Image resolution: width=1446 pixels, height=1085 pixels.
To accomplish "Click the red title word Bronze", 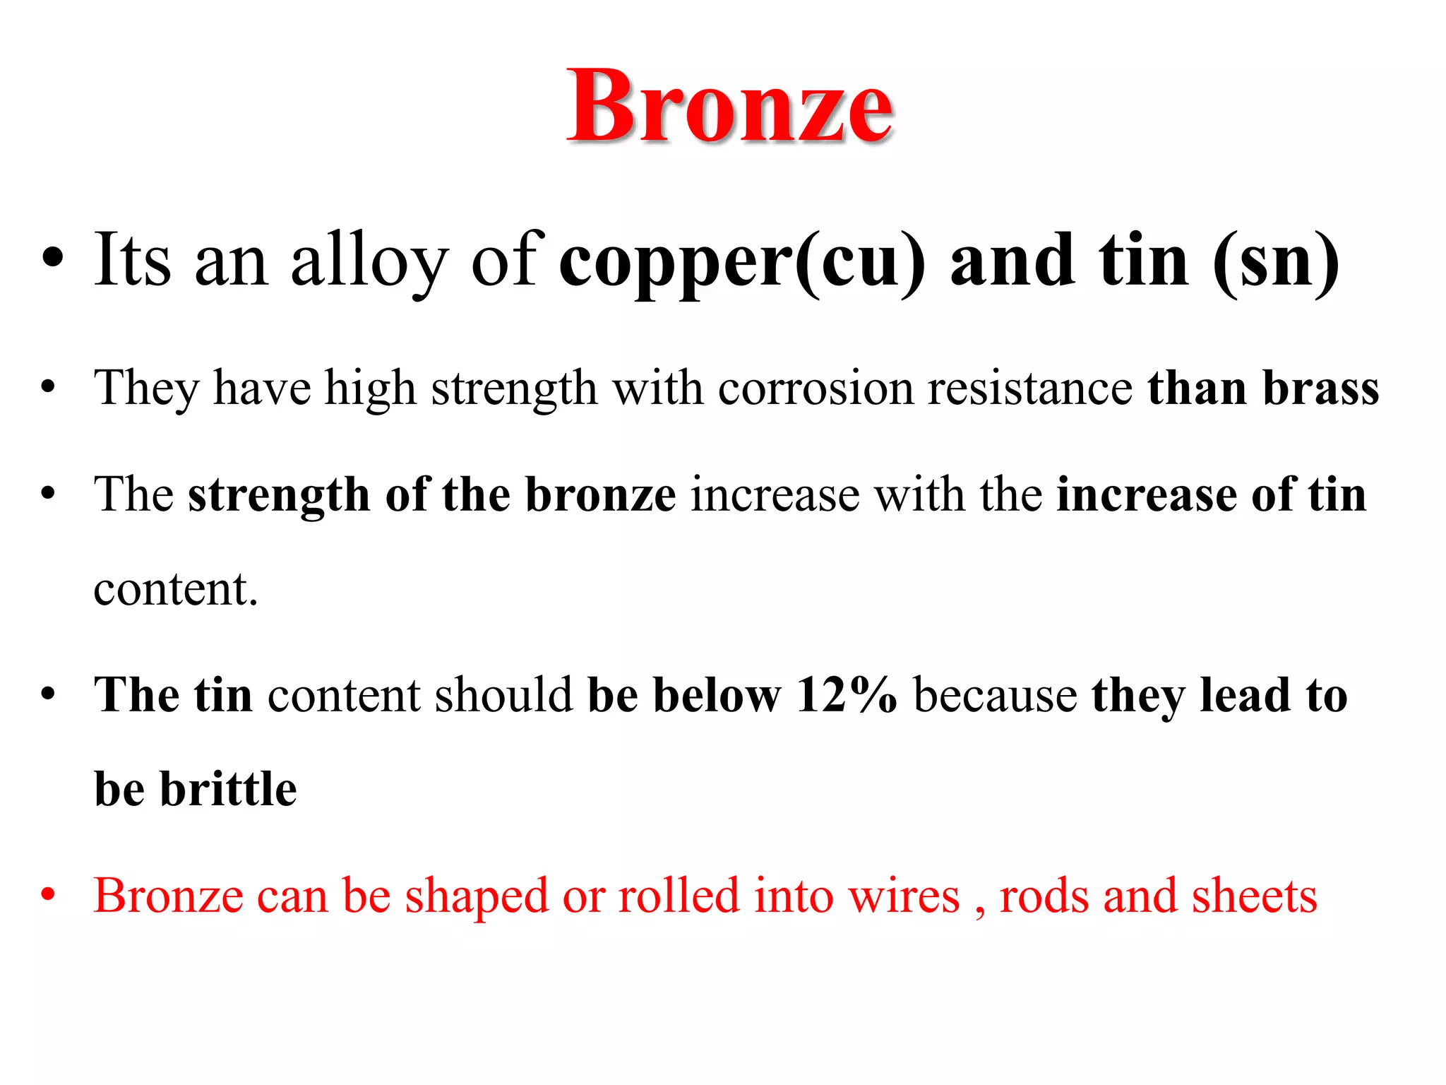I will (x=730, y=107).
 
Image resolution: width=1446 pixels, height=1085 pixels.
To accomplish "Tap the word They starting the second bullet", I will (x=146, y=389).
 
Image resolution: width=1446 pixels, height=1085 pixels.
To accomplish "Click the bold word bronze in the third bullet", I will (x=601, y=494).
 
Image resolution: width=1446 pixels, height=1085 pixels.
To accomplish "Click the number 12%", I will (x=847, y=695).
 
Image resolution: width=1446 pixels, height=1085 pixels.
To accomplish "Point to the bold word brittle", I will (x=228, y=789).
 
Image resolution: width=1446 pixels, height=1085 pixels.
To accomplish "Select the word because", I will (x=995, y=695).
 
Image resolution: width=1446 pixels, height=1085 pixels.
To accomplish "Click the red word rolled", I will (x=679, y=896).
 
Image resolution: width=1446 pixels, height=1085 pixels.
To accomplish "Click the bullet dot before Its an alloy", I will (x=52, y=259).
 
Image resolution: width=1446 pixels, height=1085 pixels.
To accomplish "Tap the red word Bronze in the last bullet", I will (x=169, y=896).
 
